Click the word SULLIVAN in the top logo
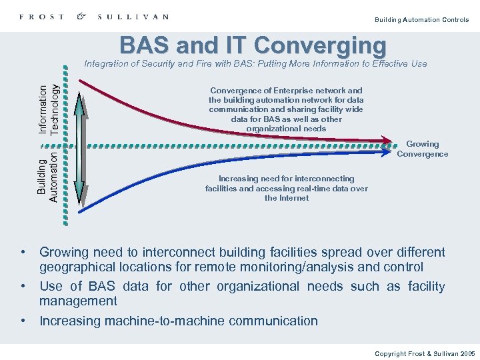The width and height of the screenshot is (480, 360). tap(133, 17)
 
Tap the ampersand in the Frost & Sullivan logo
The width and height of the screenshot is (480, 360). tap(81, 17)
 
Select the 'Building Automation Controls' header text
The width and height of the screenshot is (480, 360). tap(421, 20)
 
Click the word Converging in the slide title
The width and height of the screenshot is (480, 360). tap(320, 45)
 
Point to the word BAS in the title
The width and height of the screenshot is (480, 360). tap(144, 45)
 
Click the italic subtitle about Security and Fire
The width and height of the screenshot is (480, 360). tap(255, 64)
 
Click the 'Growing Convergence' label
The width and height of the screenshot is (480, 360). tap(422, 149)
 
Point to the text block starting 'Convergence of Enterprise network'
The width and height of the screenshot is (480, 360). tap(286, 109)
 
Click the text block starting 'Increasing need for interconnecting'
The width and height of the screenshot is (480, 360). tap(286, 188)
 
